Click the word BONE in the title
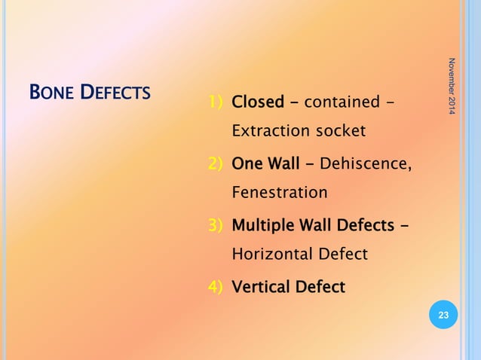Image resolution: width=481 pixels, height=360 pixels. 51,93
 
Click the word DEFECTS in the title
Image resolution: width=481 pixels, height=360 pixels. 116,93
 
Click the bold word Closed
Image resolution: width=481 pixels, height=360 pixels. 258,101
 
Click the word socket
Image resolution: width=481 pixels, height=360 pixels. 339,131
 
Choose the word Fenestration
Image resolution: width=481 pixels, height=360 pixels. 280,193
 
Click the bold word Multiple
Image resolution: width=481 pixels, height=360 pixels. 263,224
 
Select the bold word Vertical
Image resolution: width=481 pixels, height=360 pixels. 262,286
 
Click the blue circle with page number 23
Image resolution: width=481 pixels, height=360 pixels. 443,316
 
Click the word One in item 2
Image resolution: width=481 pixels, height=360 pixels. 246,163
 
